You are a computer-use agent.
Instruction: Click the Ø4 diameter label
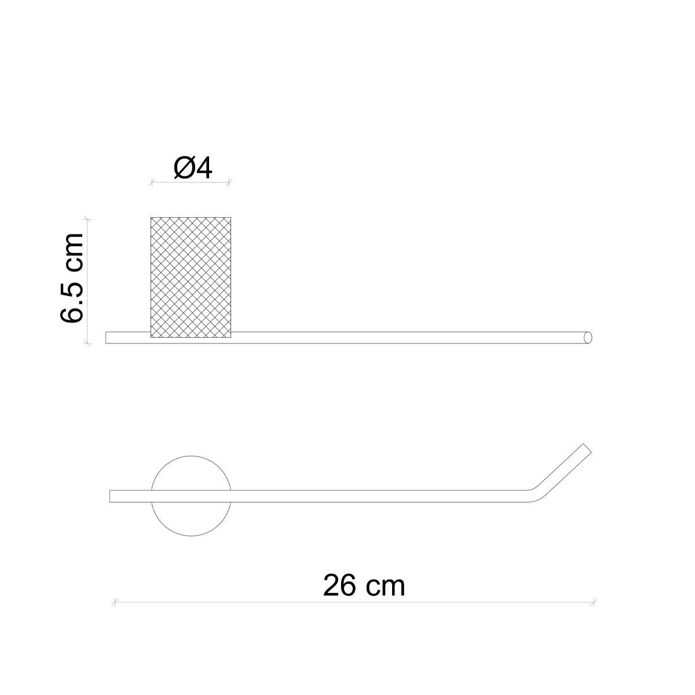[193, 169]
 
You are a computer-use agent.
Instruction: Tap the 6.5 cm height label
[71, 277]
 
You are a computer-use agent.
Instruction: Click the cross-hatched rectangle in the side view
[191, 277]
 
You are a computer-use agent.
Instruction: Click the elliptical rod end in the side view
[587, 337]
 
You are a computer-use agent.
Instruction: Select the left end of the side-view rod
[106, 338]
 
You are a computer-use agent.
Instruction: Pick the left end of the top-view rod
[110, 496]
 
